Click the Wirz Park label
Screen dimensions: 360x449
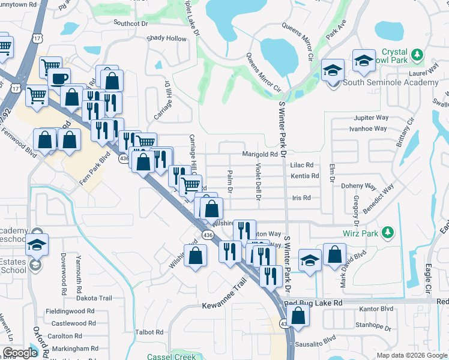359,232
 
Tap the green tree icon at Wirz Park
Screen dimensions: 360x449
388,232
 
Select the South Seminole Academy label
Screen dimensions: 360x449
390,82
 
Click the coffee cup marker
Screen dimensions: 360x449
59,79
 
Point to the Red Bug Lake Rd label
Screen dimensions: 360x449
313,303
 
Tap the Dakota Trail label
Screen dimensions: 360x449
94,298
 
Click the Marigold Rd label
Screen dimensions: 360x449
260,154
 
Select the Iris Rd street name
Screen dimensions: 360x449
301,197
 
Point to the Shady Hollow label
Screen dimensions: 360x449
167,38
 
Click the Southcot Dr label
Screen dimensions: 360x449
131,23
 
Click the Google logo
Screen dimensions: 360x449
20,353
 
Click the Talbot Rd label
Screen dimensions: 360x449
149,332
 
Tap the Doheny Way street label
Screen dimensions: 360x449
358,187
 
